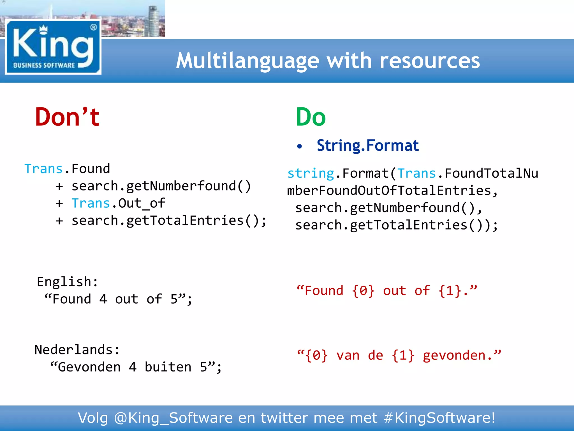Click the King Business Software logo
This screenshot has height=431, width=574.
[x=53, y=47]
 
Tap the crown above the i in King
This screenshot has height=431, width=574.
[x=43, y=29]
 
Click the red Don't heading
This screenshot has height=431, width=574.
[x=67, y=117]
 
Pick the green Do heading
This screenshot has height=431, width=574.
[x=311, y=117]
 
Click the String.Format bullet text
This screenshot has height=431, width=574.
[x=367, y=145]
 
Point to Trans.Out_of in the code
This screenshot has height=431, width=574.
[x=118, y=203]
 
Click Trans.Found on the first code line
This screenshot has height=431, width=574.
[x=67, y=169]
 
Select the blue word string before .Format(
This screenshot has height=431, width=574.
[x=311, y=173]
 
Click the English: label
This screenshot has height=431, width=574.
[x=68, y=282]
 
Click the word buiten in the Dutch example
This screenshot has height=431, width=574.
[x=168, y=367]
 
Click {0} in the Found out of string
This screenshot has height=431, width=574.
[x=363, y=291]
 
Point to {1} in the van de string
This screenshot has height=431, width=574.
[x=403, y=355]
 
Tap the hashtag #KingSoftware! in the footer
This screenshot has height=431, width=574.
[x=439, y=418]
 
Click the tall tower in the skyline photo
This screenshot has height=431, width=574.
[x=153, y=21]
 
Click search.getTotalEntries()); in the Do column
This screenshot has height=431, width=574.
[x=396, y=225]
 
